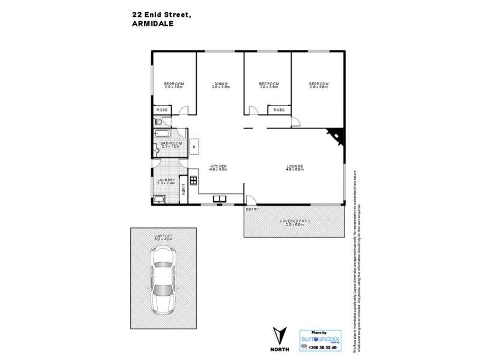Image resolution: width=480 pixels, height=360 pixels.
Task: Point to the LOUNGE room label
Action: point(295,166)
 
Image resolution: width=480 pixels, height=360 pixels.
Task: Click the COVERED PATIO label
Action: point(294,221)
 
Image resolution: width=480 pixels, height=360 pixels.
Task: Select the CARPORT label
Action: point(163,236)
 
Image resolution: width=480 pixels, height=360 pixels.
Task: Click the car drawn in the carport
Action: point(163,283)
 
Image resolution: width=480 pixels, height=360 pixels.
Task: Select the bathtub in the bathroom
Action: point(163,133)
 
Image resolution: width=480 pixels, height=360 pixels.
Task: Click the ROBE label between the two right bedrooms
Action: point(279,110)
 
